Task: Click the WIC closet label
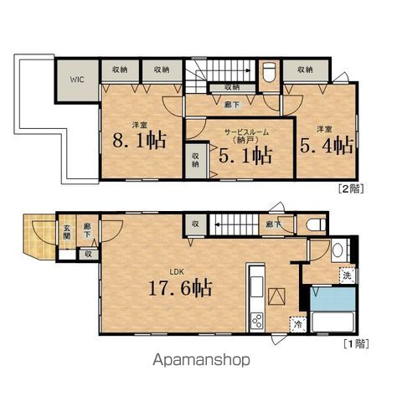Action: pyautogui.click(x=77, y=80)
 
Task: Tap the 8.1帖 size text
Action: pyautogui.click(x=140, y=140)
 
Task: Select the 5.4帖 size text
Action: pyautogui.click(x=327, y=145)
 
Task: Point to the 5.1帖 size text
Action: pyautogui.click(x=245, y=155)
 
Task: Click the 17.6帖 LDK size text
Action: pyautogui.click(x=180, y=287)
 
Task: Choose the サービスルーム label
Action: pyautogui.click(x=247, y=132)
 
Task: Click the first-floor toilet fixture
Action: pyautogui.click(x=316, y=224)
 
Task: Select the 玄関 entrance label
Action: pyautogui.click(x=66, y=232)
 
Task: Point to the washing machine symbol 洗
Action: pyautogui.click(x=347, y=276)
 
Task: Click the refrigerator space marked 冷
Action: pyautogui.click(x=298, y=324)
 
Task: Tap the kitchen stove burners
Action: pyautogui.click(x=256, y=321)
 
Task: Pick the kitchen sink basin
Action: pyautogui.click(x=256, y=286)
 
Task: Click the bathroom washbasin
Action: pyautogui.click(x=338, y=250)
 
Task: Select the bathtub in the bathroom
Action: pyautogui.click(x=332, y=322)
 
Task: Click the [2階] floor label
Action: pyautogui.click(x=351, y=189)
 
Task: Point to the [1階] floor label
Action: pyautogui.click(x=356, y=343)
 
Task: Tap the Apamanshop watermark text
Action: pyautogui.click(x=201, y=360)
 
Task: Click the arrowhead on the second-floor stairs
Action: pyautogui.click(x=249, y=71)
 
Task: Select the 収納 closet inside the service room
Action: pyautogui.click(x=196, y=161)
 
